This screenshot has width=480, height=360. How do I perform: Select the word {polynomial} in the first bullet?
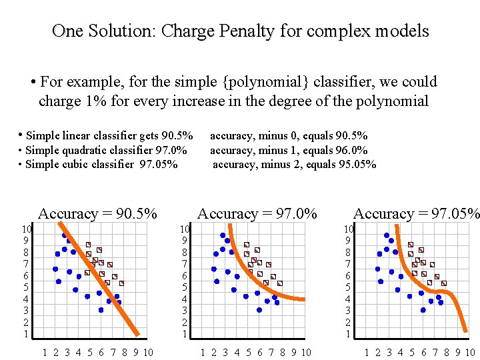pyautogui.click(x=267, y=82)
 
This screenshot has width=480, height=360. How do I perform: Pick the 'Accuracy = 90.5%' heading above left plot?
pyautogui.click(x=98, y=213)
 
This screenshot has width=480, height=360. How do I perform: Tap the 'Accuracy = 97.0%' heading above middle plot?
pyautogui.click(x=257, y=213)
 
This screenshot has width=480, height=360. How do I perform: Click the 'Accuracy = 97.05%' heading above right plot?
pyautogui.click(x=416, y=213)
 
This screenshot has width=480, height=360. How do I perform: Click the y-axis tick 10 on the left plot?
pyautogui.click(x=26, y=229)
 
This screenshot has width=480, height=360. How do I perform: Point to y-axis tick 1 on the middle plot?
pyautogui.click(x=185, y=334)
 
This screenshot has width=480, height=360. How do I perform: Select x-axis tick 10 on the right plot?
pyautogui.click(x=469, y=353)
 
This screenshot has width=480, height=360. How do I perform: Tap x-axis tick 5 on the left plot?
pyautogui.click(x=89, y=353)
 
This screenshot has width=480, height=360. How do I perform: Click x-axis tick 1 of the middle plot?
pyautogui.click(x=203, y=353)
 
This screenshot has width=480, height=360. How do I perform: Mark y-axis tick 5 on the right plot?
pyautogui.click(x=347, y=287)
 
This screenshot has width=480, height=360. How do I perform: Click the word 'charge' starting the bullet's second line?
pyautogui.click(x=58, y=101)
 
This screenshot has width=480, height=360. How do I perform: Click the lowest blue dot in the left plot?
pyautogui.click(x=101, y=310)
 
